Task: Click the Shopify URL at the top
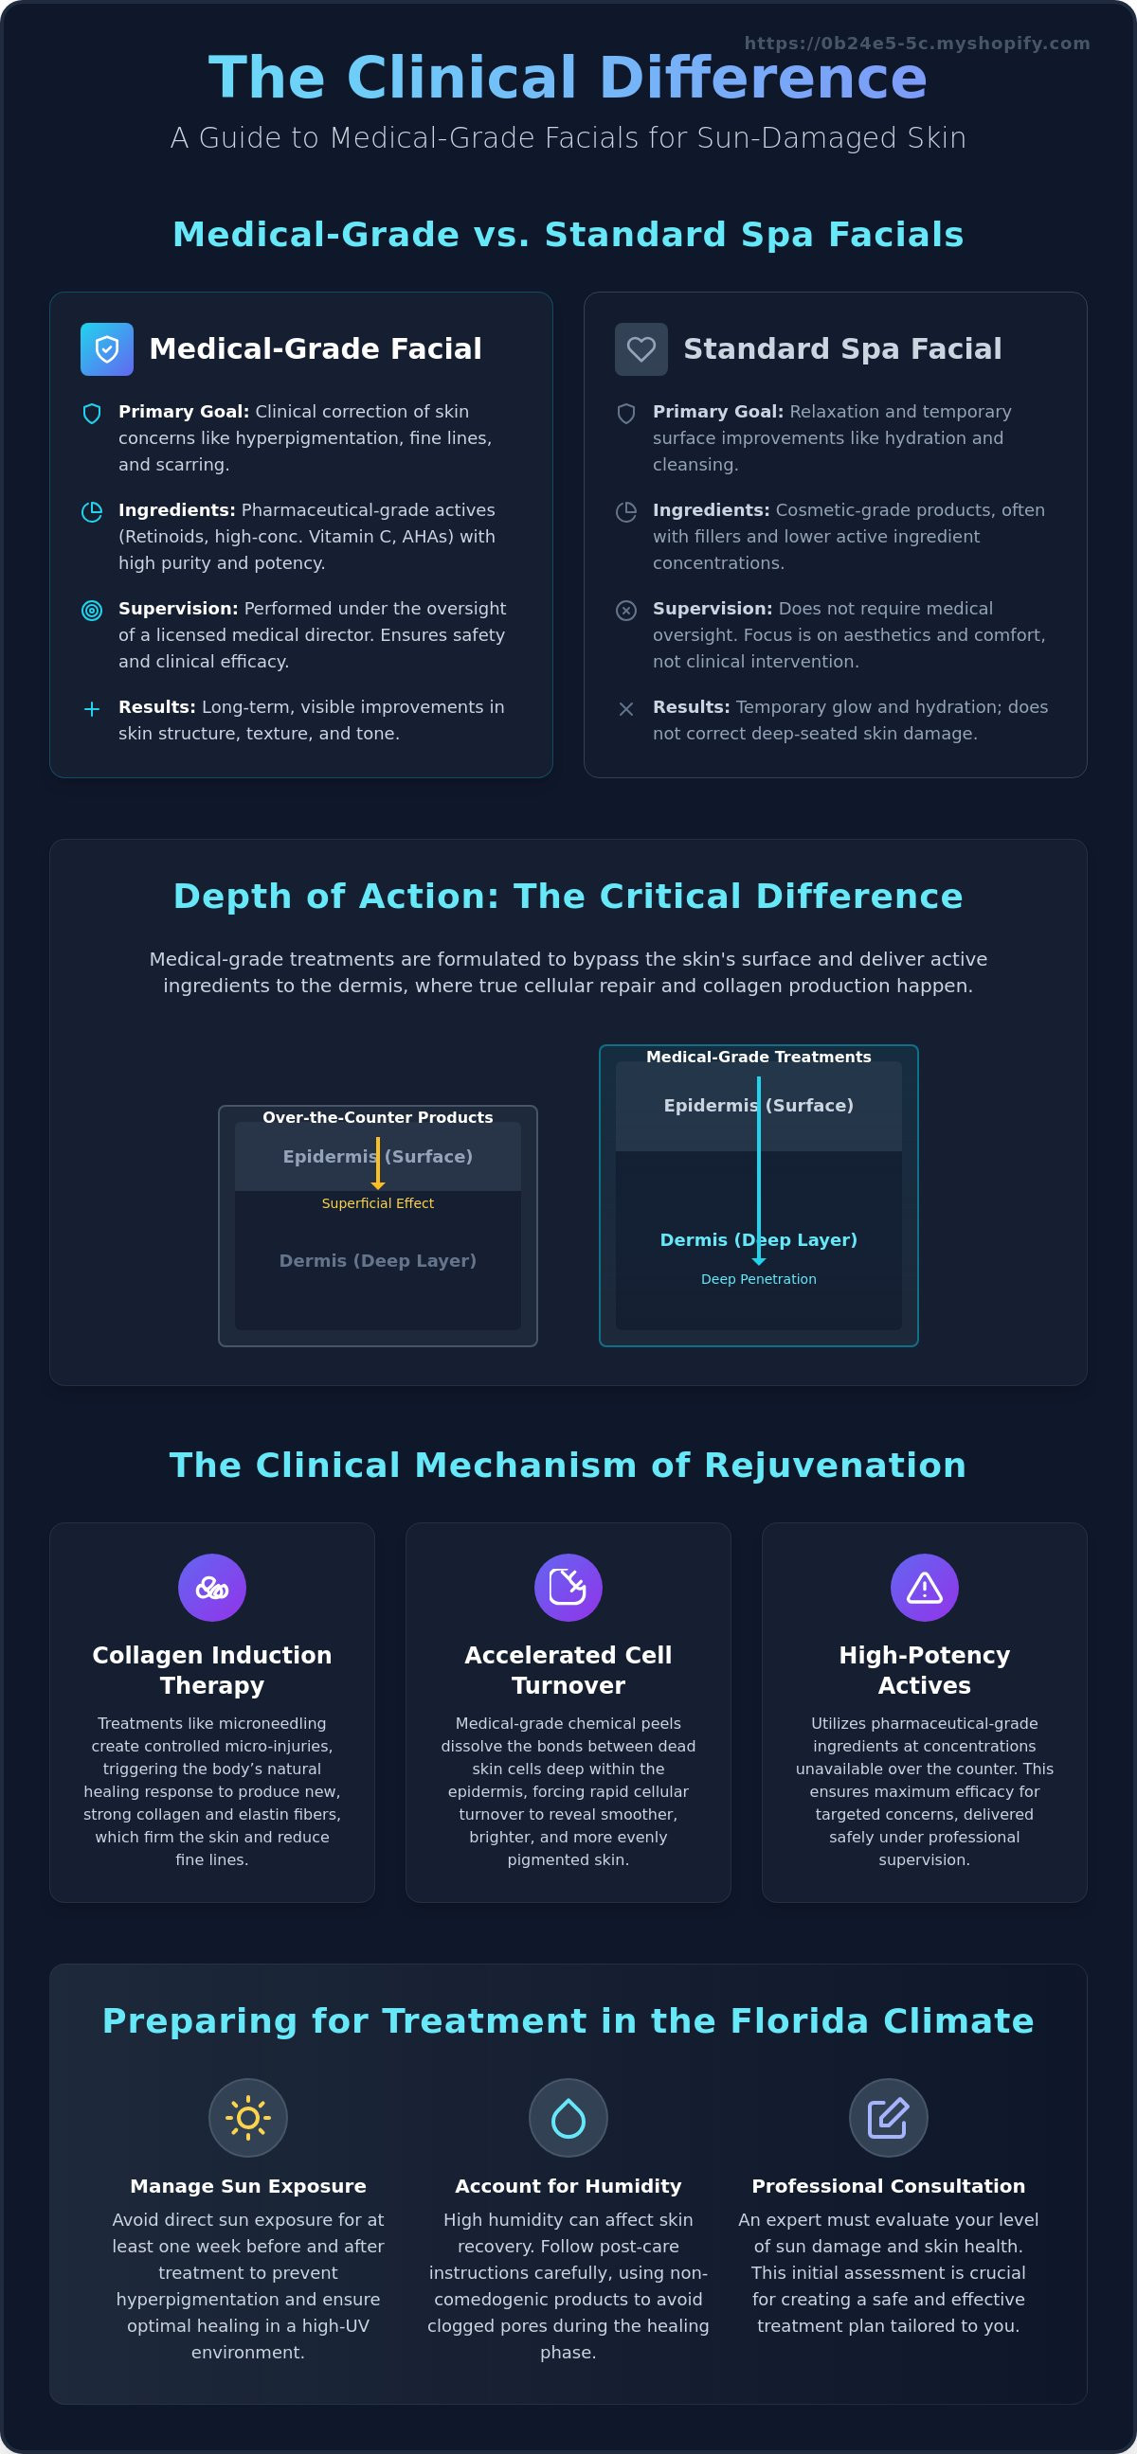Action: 917,43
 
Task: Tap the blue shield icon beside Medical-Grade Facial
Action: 107,348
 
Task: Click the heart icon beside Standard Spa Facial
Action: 641,348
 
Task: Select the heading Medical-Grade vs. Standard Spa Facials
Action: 568,235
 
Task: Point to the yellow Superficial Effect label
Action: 377,1203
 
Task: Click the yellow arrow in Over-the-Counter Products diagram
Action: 377,1164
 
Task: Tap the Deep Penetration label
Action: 759,1279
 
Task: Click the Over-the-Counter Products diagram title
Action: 377,1117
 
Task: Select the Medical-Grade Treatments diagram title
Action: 759,1057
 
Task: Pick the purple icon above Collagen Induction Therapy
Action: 211,1587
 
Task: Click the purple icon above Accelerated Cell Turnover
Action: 568,1587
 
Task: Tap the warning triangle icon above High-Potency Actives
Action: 925,1587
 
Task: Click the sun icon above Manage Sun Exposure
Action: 248,2118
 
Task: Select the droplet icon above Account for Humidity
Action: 568,2118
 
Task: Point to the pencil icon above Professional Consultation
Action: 888,2118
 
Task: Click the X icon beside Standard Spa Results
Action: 626,709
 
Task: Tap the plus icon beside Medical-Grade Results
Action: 92,709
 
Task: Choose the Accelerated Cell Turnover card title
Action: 568,1670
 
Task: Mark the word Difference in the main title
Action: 763,78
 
